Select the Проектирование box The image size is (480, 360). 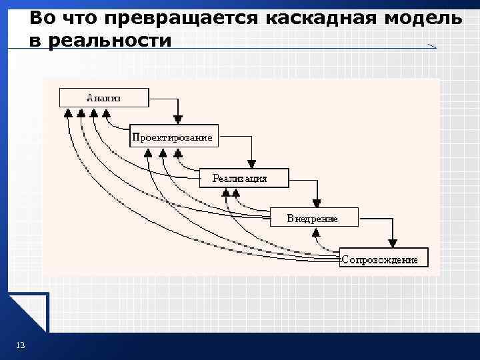[172, 137]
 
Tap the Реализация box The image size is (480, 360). [244, 178]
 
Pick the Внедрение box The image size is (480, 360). [313, 218]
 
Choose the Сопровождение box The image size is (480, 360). [383, 258]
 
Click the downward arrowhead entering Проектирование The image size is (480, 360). [177, 119]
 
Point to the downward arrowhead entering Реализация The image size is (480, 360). [251, 161]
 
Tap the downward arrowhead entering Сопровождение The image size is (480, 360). [393, 243]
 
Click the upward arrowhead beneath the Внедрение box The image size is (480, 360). [318, 232]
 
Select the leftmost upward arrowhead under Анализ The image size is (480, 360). [68, 112]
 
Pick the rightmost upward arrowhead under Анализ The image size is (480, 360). [107, 112]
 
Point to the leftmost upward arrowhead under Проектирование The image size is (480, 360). [148, 152]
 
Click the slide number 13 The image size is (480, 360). [20, 344]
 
